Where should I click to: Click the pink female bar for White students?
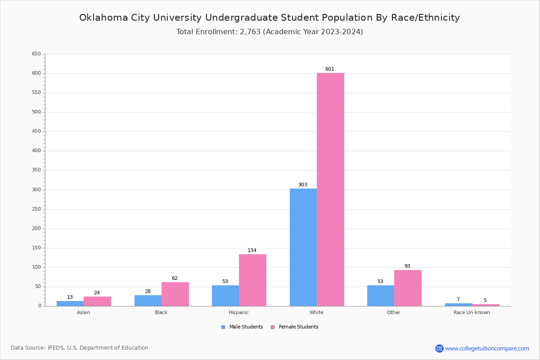[x=330, y=189]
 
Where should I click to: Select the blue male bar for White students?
[x=303, y=247]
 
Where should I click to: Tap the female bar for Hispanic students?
[x=252, y=280]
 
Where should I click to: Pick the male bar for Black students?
[x=148, y=301]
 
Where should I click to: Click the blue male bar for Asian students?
[x=70, y=304]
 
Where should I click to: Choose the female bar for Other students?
[x=408, y=288]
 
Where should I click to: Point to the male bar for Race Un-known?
[x=459, y=305]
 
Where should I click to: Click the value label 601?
[x=330, y=69]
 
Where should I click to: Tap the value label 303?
[x=303, y=185]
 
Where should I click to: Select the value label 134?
[x=252, y=251]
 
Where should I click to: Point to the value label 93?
[x=407, y=266]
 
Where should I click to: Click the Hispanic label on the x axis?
[x=238, y=313]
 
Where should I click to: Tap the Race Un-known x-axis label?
[x=472, y=313]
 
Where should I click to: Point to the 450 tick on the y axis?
[x=36, y=131]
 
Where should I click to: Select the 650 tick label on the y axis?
[x=36, y=54]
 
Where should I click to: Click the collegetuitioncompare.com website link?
[x=487, y=349]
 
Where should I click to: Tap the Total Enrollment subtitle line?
[x=270, y=32]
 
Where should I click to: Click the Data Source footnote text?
[x=80, y=348]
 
